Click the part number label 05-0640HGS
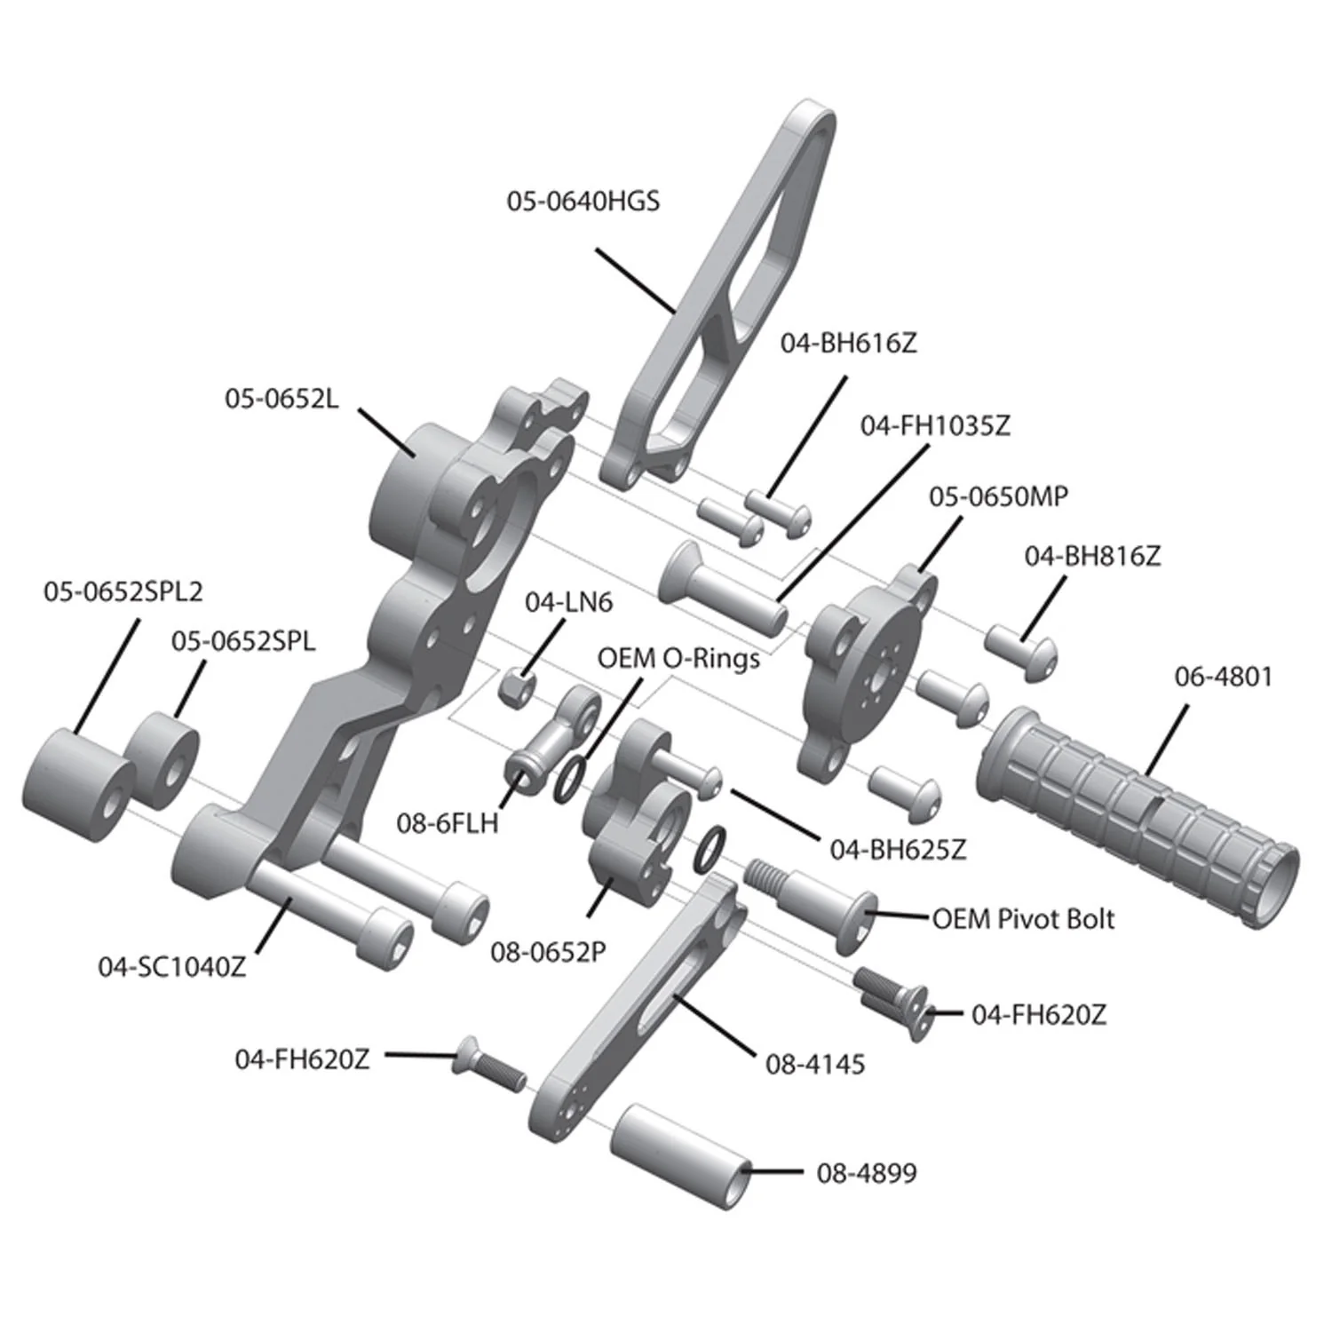583,202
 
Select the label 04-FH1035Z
934,426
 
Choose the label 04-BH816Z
1091,557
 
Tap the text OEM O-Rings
678,659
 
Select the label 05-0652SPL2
123,591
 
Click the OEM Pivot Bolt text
1023,918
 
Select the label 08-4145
814,1064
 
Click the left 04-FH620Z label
302,1059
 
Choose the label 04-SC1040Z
171,967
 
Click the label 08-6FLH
447,823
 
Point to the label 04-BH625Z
897,850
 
